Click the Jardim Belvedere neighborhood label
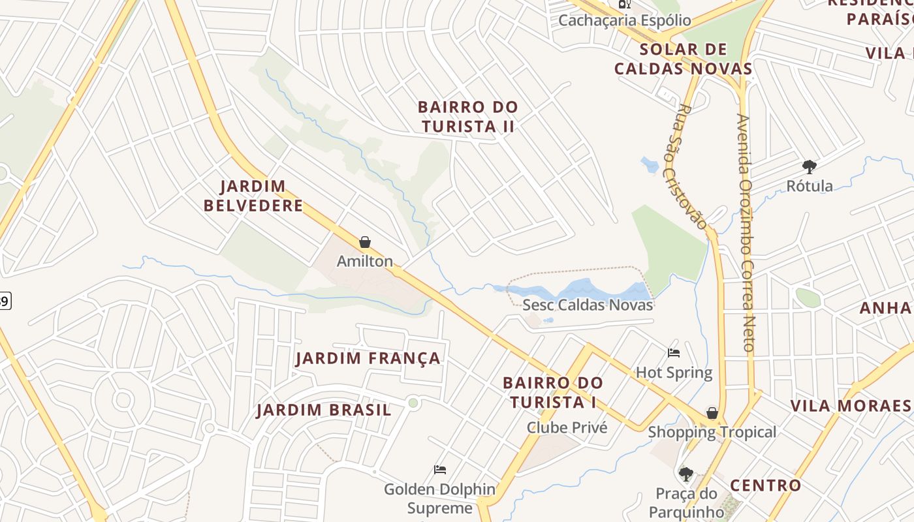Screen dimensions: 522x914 [253, 196]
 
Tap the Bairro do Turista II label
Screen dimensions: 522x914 [467, 116]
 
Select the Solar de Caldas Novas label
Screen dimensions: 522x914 [683, 59]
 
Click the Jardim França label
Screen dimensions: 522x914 [368, 358]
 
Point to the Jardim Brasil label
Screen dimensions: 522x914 [324, 410]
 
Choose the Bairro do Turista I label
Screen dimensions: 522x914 [553, 392]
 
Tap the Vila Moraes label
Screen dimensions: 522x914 [850, 406]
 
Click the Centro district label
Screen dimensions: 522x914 [765, 485]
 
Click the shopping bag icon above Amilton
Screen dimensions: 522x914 [365, 243]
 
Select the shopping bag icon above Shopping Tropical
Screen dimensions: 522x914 [712, 413]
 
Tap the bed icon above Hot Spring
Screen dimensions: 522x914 [674, 353]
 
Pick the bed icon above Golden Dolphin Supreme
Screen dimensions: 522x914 [440, 470]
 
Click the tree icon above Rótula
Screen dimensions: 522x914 [810, 167]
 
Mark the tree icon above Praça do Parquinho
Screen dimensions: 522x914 [685, 474]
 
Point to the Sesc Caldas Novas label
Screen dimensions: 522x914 [588, 305]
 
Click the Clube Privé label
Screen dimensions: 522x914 [567, 427]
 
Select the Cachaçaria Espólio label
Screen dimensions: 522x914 [624, 20]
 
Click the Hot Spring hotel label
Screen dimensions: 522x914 [674, 373]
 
